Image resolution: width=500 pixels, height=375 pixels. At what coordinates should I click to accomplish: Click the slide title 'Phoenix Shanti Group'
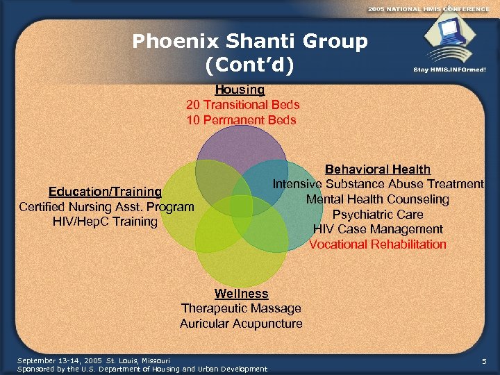pos(250,42)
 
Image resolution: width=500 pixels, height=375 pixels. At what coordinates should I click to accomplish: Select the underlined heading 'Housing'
pos(240,90)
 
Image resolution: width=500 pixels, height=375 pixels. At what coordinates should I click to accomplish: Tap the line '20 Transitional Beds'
pos(242,105)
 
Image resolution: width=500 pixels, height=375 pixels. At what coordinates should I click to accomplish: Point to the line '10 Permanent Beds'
pos(241,120)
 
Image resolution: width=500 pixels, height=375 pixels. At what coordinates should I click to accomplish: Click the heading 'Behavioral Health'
pos(378,169)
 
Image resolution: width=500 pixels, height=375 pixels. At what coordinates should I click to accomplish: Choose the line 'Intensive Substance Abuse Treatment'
pos(378,184)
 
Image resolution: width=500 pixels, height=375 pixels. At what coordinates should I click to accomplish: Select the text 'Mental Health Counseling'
pos(378,199)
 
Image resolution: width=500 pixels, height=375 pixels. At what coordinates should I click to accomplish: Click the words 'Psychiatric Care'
pos(378,215)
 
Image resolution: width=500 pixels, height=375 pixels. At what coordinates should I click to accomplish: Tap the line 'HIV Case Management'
pos(378,229)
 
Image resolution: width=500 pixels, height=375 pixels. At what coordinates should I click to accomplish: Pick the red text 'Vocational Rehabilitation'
pos(378,244)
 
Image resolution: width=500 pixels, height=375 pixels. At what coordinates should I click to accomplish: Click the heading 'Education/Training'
pos(105,192)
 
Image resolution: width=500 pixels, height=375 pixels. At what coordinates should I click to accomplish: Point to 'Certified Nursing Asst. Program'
pos(106,207)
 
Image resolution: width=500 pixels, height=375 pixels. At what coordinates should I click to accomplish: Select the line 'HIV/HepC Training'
pos(105,222)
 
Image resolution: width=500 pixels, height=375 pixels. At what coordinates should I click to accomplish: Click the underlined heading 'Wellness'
pos(241,294)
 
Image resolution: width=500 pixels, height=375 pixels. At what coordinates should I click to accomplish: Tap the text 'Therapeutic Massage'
pos(241,308)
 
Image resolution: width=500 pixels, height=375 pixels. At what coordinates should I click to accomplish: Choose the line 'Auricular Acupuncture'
pos(241,324)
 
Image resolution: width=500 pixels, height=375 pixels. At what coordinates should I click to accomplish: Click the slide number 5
pos(483,361)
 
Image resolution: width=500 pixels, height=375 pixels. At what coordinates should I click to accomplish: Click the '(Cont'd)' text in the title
pos(250,65)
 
